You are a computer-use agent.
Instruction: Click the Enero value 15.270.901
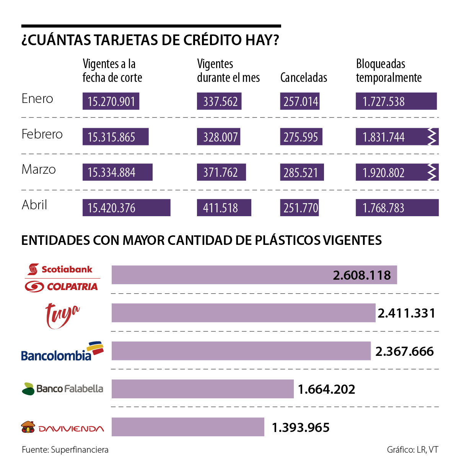click(x=111, y=101)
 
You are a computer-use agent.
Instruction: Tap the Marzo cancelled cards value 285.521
click(x=302, y=173)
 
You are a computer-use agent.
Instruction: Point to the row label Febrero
click(x=42, y=134)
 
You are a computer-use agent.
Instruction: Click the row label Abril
click(x=34, y=205)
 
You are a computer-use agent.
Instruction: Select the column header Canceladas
click(x=304, y=78)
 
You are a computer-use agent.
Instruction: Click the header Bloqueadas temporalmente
click(x=389, y=71)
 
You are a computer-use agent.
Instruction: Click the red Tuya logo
click(x=62, y=315)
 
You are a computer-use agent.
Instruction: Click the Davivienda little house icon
click(x=28, y=427)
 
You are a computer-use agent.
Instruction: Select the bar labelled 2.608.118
click(x=254, y=275)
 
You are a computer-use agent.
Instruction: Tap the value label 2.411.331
click(x=407, y=313)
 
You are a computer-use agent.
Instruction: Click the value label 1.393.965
click(x=301, y=427)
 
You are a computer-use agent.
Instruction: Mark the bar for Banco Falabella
click(x=202, y=389)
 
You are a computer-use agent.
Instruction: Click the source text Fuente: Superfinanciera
click(x=65, y=450)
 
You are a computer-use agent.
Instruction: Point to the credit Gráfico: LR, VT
click(x=412, y=450)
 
